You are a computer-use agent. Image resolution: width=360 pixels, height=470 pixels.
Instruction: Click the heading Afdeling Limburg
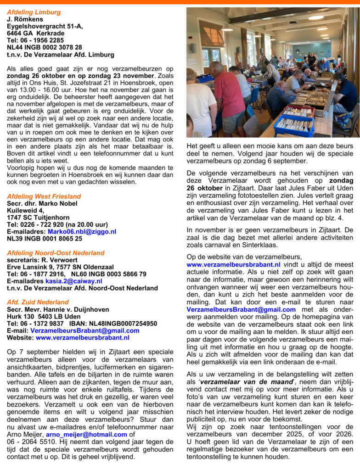tap(34, 12)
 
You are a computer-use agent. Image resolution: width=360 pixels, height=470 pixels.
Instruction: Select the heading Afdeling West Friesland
tap(44, 196)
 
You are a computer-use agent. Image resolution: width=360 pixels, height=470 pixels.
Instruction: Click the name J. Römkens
tap(25, 19)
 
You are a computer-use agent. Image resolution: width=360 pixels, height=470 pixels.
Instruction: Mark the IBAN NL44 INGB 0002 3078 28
tap(45, 47)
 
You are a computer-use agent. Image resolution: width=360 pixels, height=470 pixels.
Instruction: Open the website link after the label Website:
tap(82, 337)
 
